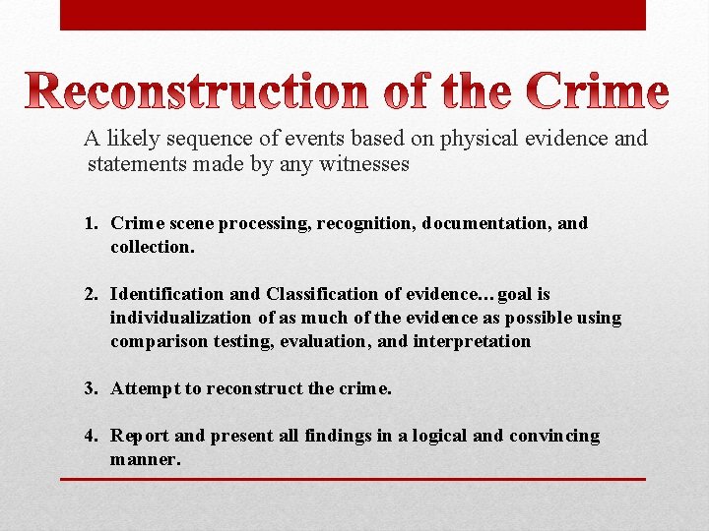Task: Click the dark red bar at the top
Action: pyautogui.click(x=353, y=15)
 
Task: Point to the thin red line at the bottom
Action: pyautogui.click(x=353, y=479)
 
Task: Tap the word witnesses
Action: pyautogui.click(x=363, y=164)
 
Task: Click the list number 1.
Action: pyautogui.click(x=90, y=223)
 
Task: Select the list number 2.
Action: pyautogui.click(x=90, y=294)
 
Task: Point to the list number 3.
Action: pyautogui.click(x=90, y=388)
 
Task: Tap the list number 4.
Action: pyautogui.click(x=90, y=436)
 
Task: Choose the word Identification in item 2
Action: pyautogui.click(x=166, y=294)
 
